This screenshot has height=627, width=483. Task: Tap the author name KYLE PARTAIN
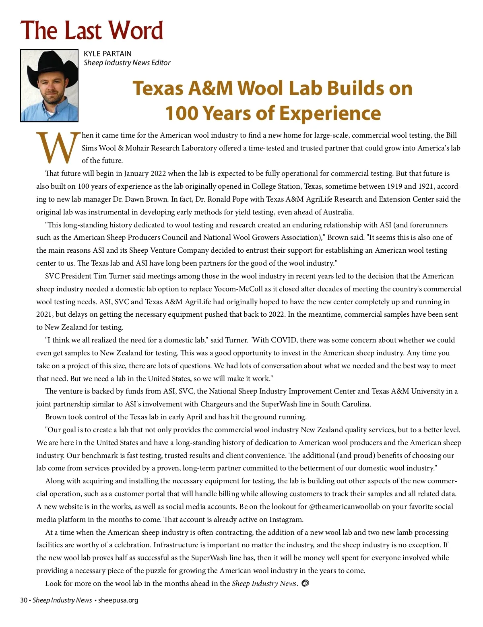[x=107, y=54]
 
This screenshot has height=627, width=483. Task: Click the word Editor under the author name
[x=161, y=63]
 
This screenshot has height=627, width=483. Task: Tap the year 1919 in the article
[x=394, y=186]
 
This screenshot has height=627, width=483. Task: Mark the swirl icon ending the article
[x=305, y=583]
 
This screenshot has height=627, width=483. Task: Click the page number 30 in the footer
[x=24, y=600]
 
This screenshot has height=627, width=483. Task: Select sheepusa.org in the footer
[x=118, y=600]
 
